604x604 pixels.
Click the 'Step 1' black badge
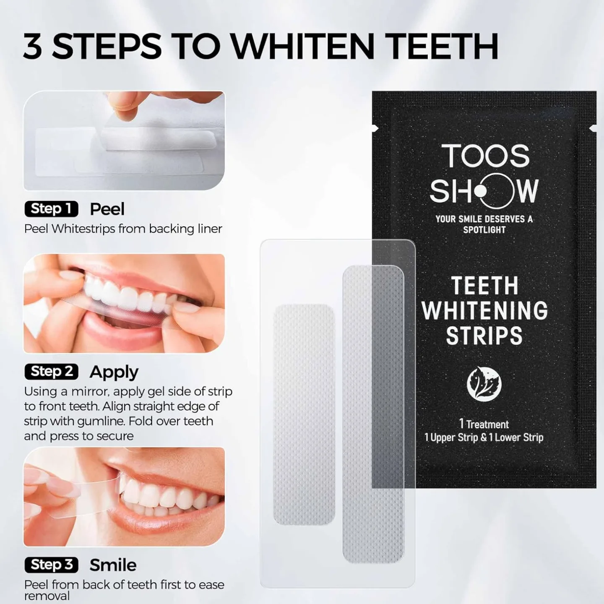(52, 209)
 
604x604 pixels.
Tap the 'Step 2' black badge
(52, 372)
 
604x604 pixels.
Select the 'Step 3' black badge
(52, 565)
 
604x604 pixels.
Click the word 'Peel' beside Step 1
(107, 209)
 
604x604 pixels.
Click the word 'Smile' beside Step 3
(113, 565)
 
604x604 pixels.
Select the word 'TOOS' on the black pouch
(485, 156)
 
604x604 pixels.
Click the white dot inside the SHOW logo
(481, 191)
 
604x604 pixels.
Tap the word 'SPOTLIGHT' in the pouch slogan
(484, 230)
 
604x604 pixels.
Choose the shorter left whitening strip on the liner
(304, 414)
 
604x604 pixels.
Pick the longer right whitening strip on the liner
(373, 414)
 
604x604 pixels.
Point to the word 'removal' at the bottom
(47, 596)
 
